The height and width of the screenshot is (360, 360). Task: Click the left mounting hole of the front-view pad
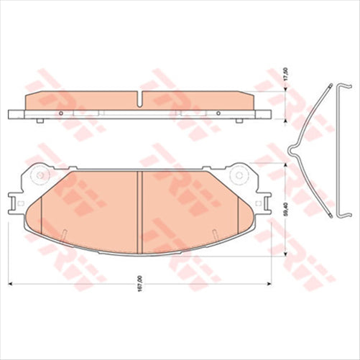[x=41, y=175]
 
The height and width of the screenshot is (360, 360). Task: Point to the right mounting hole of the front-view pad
[x=236, y=175]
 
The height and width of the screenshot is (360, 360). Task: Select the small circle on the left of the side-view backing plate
[x=62, y=113]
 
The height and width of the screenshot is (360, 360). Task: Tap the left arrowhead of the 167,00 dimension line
[x=9, y=280]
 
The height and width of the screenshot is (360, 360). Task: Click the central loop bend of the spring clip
[x=291, y=152]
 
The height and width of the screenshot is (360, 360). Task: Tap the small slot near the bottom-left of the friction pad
[x=64, y=234]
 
